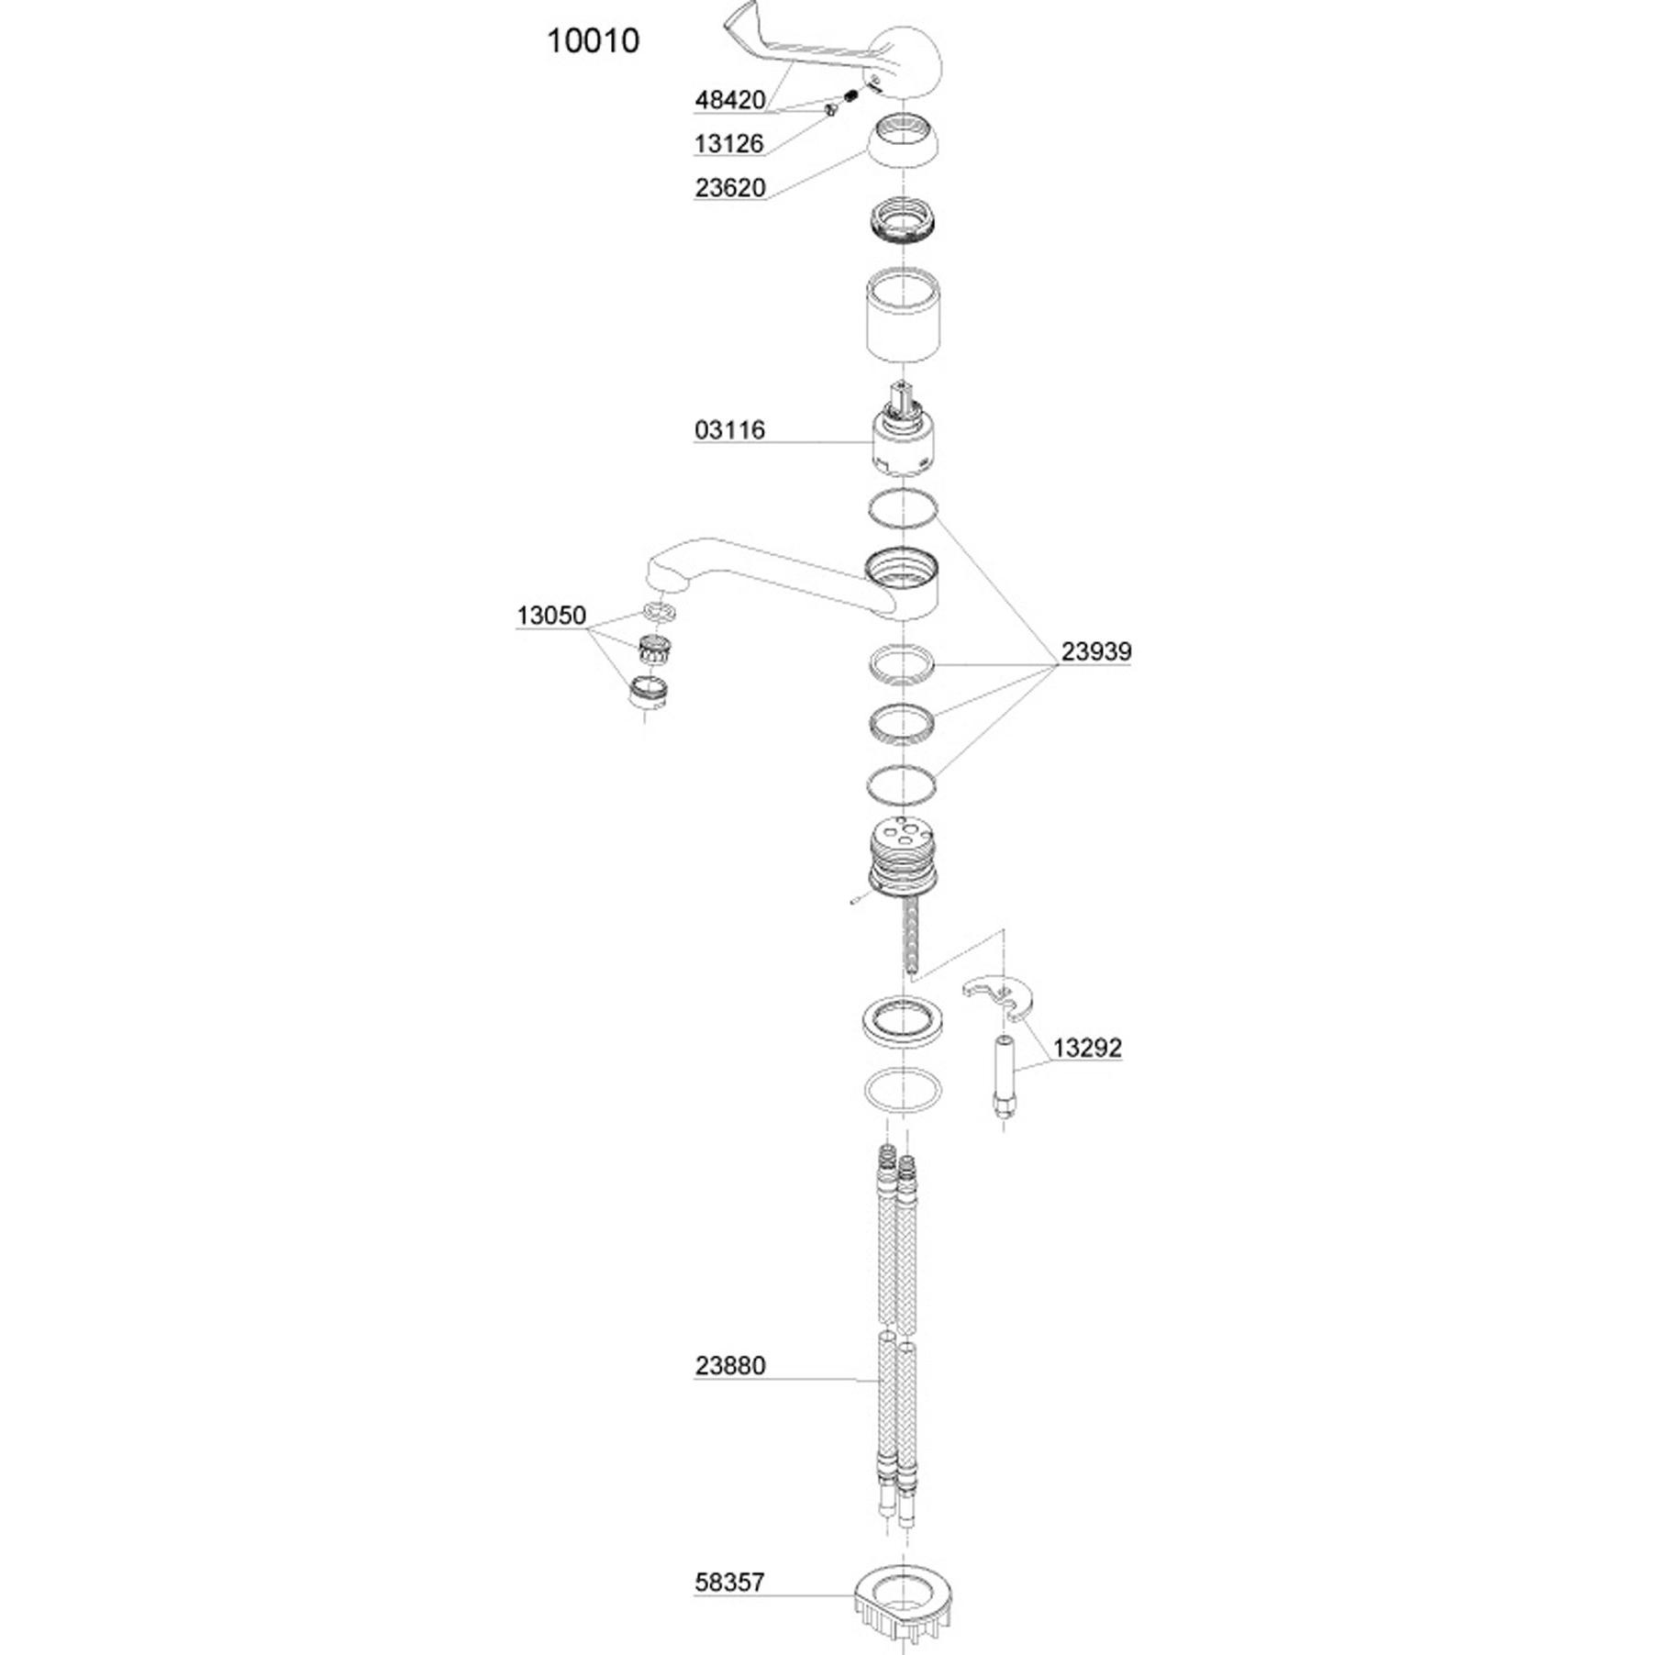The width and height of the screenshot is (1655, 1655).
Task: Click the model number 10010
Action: (593, 40)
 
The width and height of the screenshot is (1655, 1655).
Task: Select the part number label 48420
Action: (729, 100)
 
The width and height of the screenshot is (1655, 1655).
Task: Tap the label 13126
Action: (729, 143)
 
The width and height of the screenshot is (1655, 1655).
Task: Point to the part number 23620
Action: (729, 187)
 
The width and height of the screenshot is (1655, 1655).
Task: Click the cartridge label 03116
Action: (729, 429)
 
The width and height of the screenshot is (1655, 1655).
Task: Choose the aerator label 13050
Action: (550, 615)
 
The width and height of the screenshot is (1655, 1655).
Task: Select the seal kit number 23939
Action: (1096, 651)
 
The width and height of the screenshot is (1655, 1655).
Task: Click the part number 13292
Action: (1087, 1048)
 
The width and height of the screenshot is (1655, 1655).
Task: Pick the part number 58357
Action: (729, 1582)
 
